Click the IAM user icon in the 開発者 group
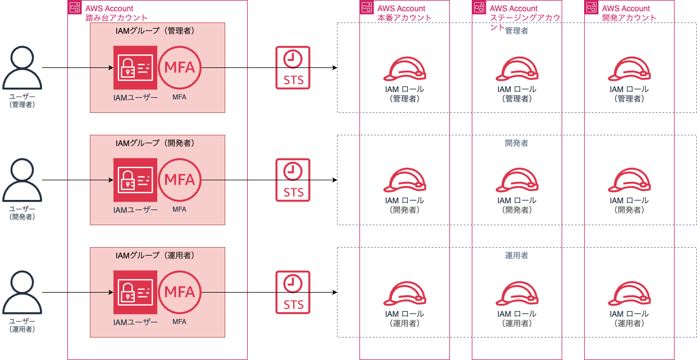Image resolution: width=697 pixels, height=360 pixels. [x=135, y=180]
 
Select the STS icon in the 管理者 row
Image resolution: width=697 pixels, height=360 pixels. [x=293, y=67]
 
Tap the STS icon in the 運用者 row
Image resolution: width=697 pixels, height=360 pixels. [x=293, y=292]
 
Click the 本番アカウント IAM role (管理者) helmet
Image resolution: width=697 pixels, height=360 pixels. [x=404, y=69]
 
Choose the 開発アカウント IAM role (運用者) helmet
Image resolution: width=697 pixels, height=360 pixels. [x=629, y=293]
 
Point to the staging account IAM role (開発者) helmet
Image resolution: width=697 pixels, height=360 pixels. [x=517, y=180]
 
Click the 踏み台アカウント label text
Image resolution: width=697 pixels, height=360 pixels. [x=116, y=18]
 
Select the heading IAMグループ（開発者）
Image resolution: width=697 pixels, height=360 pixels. [x=155, y=143]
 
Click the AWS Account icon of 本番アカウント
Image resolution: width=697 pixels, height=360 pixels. [x=367, y=7]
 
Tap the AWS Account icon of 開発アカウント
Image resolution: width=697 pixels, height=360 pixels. [x=591, y=7]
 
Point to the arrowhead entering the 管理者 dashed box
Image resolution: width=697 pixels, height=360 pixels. [x=335, y=67]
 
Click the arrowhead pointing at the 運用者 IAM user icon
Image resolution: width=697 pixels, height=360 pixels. [x=111, y=292]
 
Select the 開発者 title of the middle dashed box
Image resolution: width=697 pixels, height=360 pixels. [x=517, y=143]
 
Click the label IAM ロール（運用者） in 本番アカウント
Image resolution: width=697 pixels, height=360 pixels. [x=404, y=318]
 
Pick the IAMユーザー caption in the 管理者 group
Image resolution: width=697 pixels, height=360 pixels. [x=135, y=98]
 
